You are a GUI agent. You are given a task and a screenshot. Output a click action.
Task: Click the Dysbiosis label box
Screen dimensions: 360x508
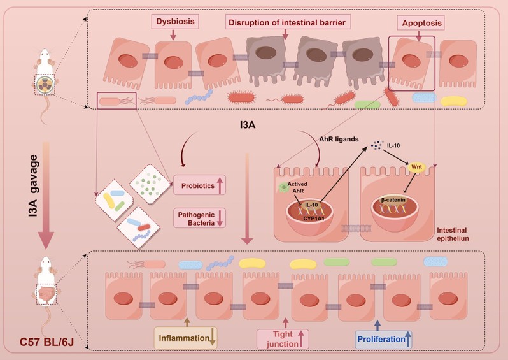(x=174, y=22)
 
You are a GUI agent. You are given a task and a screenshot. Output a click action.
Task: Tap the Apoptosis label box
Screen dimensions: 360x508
(x=420, y=22)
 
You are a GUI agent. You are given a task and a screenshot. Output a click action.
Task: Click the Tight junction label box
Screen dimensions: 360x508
(x=283, y=338)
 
